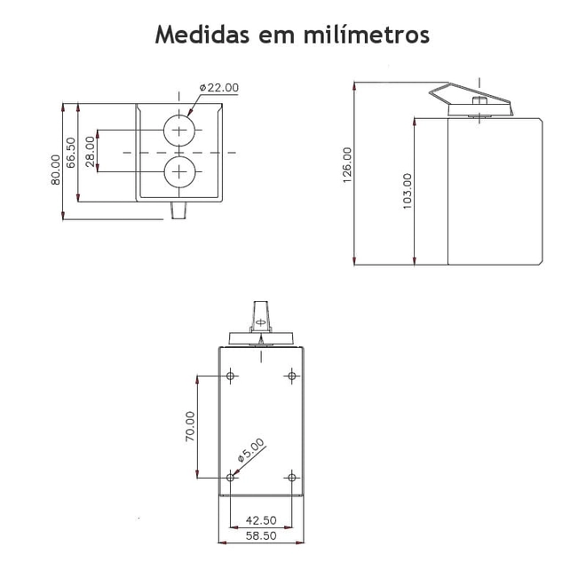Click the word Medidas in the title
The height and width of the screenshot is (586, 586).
(202, 35)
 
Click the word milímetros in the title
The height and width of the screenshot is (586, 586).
(366, 35)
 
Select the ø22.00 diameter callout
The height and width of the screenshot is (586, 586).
(219, 88)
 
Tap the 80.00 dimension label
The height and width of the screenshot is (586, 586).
(56, 170)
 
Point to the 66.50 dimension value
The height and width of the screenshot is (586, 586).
(71, 153)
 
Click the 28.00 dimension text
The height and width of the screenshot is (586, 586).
(90, 151)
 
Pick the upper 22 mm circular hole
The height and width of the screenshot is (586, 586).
(179, 131)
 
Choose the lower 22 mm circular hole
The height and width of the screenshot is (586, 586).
(179, 172)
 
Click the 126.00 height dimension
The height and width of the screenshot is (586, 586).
(347, 165)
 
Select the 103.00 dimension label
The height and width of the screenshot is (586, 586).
(408, 191)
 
